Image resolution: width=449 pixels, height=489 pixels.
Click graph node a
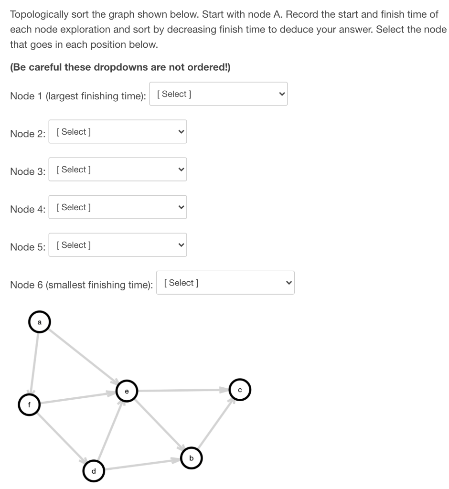[39, 322]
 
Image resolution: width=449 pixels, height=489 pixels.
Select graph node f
[29, 404]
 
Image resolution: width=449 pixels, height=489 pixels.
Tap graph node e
[127, 391]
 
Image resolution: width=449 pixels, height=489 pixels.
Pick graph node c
[240, 390]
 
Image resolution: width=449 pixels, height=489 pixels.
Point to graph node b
[192, 458]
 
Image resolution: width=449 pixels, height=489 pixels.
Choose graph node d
[93, 471]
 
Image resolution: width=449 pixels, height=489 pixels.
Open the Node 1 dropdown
[218, 94]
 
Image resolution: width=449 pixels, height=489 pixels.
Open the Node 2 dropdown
[118, 132]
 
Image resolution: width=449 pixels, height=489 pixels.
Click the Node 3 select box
[118, 170]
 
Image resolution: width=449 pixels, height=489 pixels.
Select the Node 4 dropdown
[118, 207]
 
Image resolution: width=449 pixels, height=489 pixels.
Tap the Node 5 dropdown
[118, 245]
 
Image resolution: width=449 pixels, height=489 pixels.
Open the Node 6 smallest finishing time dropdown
[225, 283]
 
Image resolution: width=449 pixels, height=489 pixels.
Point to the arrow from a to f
[34, 363]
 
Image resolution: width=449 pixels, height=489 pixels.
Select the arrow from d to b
[142, 465]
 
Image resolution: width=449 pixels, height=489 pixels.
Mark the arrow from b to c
[215, 424]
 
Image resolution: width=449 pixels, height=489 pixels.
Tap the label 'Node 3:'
[28, 171]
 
